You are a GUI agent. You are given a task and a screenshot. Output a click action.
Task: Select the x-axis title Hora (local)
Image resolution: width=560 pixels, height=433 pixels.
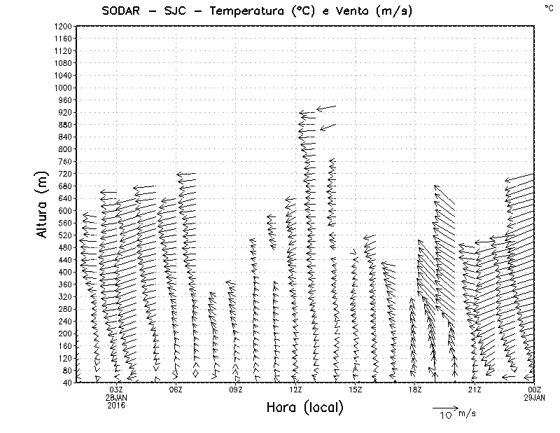304,407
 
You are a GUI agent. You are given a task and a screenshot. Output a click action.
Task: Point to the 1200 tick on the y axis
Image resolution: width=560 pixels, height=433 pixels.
62,26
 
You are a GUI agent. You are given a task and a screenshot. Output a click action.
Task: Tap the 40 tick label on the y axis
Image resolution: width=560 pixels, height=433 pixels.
66,383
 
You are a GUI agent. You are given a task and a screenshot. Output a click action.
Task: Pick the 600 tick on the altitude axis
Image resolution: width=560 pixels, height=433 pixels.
64,210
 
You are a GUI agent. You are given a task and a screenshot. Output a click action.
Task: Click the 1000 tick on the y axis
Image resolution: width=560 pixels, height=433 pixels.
62,88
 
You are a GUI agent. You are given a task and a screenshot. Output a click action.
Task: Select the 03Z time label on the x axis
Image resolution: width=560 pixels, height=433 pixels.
116,390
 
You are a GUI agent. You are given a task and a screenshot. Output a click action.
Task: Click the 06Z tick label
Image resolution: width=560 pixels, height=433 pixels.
176,390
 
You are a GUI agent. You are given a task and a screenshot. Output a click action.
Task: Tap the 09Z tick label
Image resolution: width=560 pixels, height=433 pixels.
235,390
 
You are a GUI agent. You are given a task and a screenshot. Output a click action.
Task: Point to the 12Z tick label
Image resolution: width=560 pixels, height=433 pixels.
295,390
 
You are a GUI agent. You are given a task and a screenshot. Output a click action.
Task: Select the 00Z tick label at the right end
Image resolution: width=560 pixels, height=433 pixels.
535,390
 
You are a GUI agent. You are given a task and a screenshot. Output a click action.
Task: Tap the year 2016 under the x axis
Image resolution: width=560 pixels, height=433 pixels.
116,405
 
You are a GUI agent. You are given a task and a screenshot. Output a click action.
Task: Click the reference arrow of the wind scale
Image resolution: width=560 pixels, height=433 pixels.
444,407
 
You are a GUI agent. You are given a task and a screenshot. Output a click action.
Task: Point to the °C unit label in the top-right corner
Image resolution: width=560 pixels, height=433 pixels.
548,7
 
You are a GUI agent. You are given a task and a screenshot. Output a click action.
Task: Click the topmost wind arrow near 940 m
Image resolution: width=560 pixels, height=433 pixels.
326,107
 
